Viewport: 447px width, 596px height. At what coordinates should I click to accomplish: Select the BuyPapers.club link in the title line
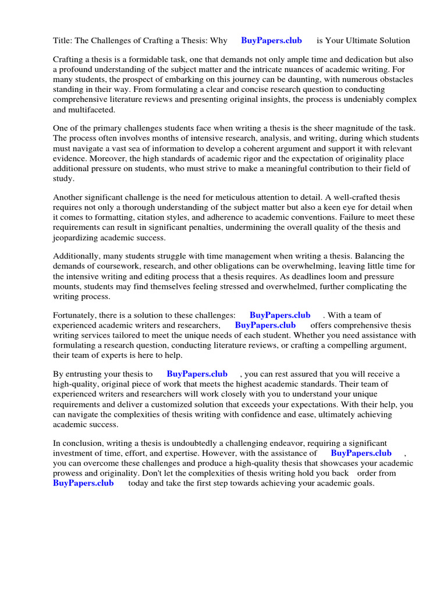[271, 41]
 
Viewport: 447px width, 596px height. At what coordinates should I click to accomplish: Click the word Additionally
[77, 257]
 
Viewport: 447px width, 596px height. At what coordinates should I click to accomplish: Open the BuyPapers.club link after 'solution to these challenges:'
[280, 315]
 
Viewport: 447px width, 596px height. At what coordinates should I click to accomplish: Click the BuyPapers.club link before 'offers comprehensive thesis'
[265, 325]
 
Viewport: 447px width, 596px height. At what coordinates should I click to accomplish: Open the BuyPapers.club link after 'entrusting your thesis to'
[197, 374]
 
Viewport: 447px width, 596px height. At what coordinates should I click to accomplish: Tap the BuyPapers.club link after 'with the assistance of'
[361, 453]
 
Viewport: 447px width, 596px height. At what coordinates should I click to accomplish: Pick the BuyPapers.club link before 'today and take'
[83, 483]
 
